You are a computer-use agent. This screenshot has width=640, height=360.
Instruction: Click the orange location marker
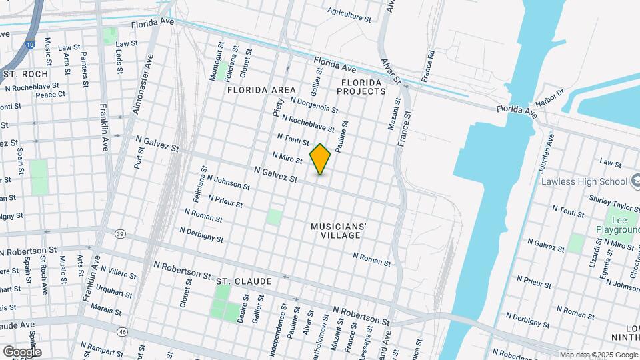[x=321, y=159]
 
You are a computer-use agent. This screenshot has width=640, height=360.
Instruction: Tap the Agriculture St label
[x=349, y=14]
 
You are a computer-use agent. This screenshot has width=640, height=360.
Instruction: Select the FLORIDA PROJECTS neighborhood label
[x=363, y=86]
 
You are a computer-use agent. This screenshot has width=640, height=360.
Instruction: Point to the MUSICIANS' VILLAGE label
[x=339, y=231]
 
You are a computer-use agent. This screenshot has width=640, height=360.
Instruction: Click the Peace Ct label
[x=51, y=95]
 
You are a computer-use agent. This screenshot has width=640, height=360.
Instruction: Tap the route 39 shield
[x=120, y=234]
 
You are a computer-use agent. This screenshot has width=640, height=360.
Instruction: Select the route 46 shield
[x=121, y=331]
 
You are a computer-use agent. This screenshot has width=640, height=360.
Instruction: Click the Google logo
[x=22, y=352]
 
